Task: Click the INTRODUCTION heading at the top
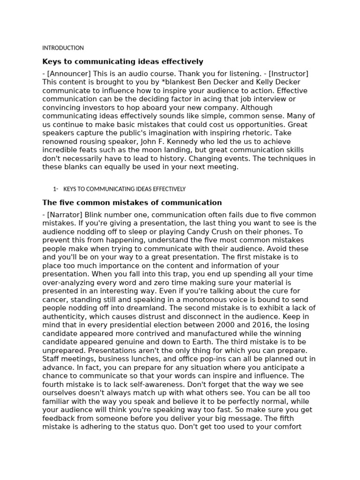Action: [63, 48]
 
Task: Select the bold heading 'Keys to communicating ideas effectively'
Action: [123, 61]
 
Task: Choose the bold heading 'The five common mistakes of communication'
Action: [132, 202]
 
